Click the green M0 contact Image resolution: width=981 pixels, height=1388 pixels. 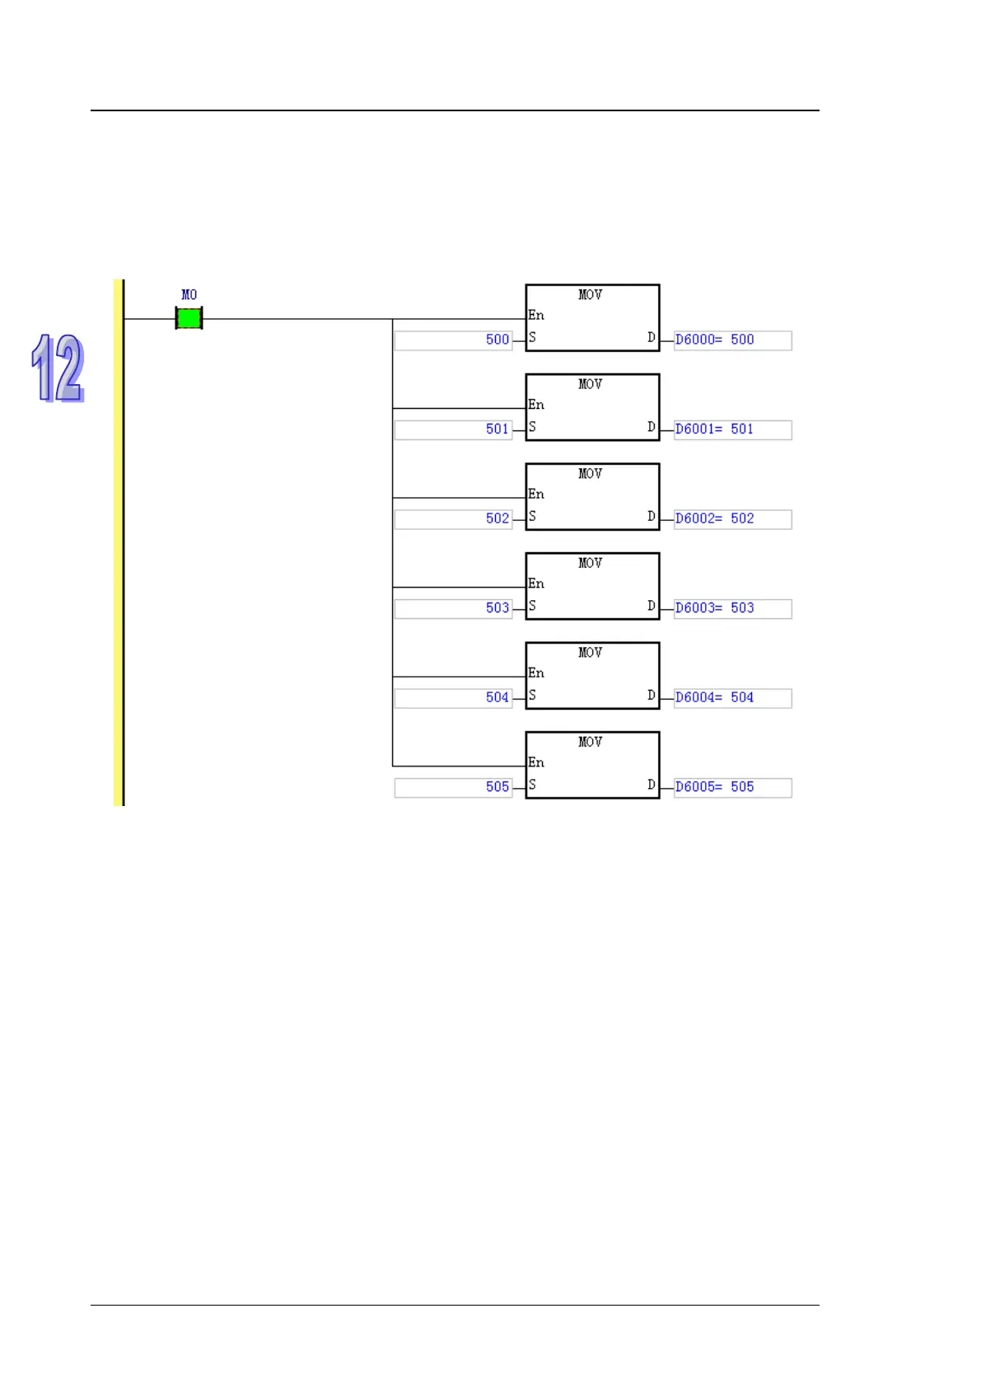tap(189, 318)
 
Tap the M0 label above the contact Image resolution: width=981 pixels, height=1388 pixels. tap(189, 295)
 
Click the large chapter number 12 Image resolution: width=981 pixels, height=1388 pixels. tap(58, 368)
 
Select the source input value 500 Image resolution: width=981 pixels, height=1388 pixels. tap(497, 340)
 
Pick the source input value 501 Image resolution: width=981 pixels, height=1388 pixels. tap(497, 429)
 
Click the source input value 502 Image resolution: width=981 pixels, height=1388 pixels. tap(497, 518)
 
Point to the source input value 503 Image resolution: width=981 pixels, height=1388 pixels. tap(497, 608)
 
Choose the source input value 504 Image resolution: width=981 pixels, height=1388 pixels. tap(497, 697)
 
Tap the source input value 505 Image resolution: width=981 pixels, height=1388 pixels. tap(497, 787)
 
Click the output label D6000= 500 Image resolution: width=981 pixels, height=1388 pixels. tap(714, 340)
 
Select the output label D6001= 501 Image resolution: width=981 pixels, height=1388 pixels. tap(714, 429)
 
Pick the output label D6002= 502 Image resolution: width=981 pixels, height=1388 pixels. tap(714, 518)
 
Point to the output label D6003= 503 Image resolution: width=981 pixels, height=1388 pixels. tap(714, 608)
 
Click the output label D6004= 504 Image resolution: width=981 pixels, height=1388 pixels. tap(714, 697)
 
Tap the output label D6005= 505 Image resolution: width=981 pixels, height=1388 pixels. tap(714, 787)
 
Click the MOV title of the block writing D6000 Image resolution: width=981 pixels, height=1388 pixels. tap(590, 295)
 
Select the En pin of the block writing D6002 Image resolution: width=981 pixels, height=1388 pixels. tap(536, 495)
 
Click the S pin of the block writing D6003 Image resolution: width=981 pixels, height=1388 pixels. tap(532, 606)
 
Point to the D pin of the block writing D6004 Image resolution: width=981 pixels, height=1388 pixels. tap(651, 696)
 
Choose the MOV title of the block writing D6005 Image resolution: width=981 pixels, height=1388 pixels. tap(590, 743)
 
